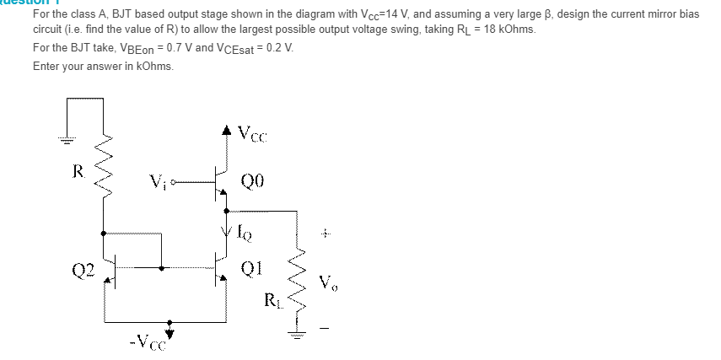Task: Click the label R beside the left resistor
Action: [x=78, y=174]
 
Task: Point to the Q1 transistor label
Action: [x=252, y=268]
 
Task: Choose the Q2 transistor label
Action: [x=82, y=270]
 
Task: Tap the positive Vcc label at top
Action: [x=252, y=132]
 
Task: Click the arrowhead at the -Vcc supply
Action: [x=172, y=324]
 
